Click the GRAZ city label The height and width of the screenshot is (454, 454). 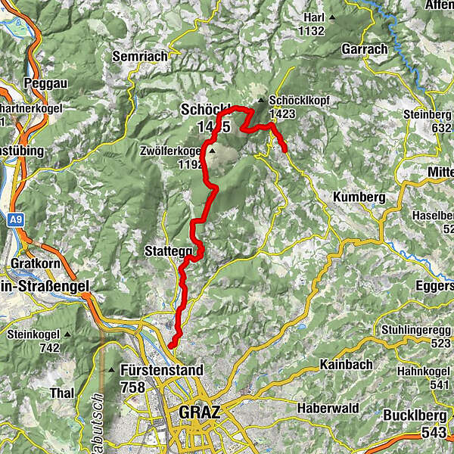[200, 413]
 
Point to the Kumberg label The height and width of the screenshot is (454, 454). [359, 197]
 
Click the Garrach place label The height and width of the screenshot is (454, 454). [364, 48]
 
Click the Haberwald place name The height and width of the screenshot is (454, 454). [332, 408]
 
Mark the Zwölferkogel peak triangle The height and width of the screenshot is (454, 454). [212, 151]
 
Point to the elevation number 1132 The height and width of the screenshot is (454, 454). [311, 31]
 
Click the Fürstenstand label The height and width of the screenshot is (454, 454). [161, 371]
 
